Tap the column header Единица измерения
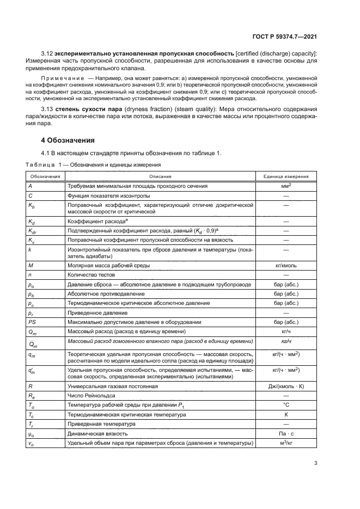click(286, 177)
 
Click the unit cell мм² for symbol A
click(286, 186)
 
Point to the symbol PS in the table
click(32, 322)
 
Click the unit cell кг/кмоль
click(286, 266)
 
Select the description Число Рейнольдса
click(90, 396)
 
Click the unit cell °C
click(286, 405)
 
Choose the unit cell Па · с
click(286, 433)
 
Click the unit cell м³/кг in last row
click(286, 443)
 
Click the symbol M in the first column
click(30, 266)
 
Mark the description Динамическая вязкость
click(97, 433)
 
